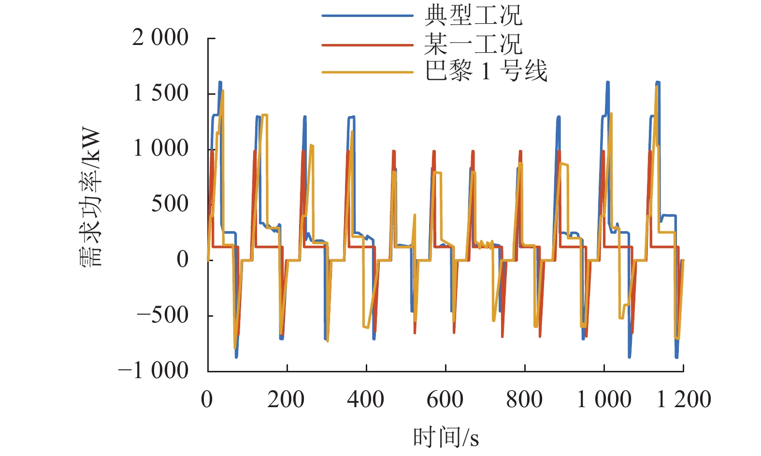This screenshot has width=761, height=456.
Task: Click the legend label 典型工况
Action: click(473, 15)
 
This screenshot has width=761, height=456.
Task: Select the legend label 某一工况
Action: click(473, 44)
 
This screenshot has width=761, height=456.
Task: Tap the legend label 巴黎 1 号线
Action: click(486, 72)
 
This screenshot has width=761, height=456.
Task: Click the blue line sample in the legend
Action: click(368, 16)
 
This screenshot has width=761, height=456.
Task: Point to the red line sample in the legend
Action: click(368, 45)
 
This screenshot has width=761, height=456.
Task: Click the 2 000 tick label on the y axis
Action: click(160, 38)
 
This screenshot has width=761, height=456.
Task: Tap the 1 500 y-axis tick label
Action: click(160, 93)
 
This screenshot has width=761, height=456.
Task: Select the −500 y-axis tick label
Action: click(162, 315)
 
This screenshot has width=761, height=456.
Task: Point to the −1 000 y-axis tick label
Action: click(154, 371)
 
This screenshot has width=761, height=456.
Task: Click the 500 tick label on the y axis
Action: click(170, 204)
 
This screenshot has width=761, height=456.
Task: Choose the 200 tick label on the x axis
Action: click(286, 400)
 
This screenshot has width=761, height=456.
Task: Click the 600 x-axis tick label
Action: click(445, 400)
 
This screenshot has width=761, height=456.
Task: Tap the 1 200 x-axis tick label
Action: click(683, 400)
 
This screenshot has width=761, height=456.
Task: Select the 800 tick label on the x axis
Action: click(524, 400)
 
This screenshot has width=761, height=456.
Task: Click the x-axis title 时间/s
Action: click(445, 438)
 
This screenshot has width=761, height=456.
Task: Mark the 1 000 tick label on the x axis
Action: click(604, 400)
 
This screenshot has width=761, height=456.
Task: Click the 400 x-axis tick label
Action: click(366, 400)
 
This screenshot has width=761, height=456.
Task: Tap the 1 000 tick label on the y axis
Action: click(160, 148)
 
